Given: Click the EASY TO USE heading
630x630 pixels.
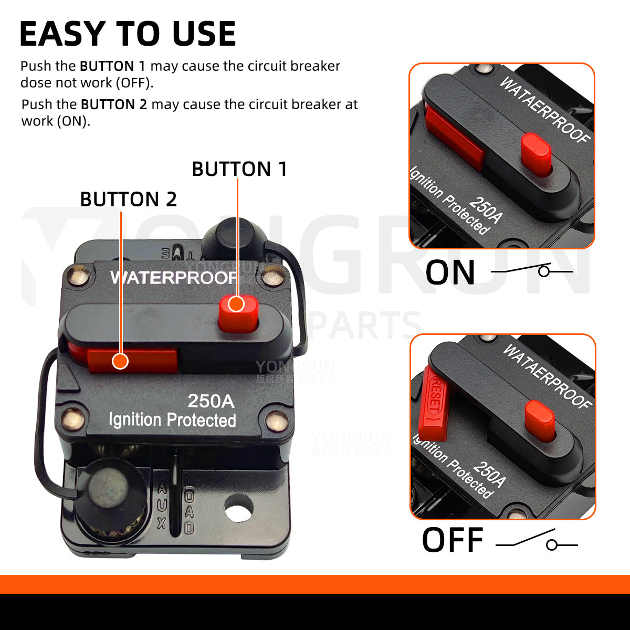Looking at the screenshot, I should tap(128, 34).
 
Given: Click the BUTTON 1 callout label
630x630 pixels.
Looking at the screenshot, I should tap(239, 169).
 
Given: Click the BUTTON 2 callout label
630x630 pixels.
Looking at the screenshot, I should tap(128, 199).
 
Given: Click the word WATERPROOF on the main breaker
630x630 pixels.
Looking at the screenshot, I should tap(173, 277).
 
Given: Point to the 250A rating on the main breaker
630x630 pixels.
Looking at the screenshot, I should tap(211, 401).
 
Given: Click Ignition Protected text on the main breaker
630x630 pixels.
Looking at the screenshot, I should tap(172, 420).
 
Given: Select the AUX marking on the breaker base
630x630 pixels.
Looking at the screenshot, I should tap(162, 506).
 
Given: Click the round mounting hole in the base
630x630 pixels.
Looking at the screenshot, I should tap(238, 508).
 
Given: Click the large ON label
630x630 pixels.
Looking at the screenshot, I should tap(450, 272).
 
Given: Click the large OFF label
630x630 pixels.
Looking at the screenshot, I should tap(452, 541).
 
